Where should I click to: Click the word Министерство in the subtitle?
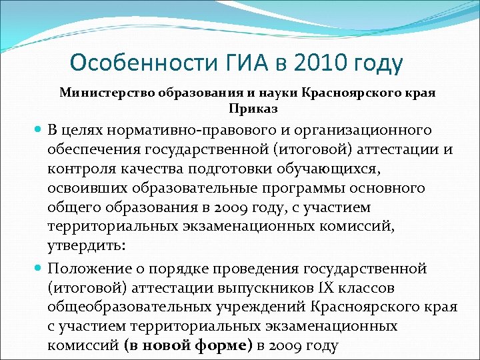tap(107, 93)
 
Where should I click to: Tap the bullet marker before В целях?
tap(39, 129)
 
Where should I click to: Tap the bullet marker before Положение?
tap(39, 268)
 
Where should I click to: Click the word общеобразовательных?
tap(126, 307)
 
